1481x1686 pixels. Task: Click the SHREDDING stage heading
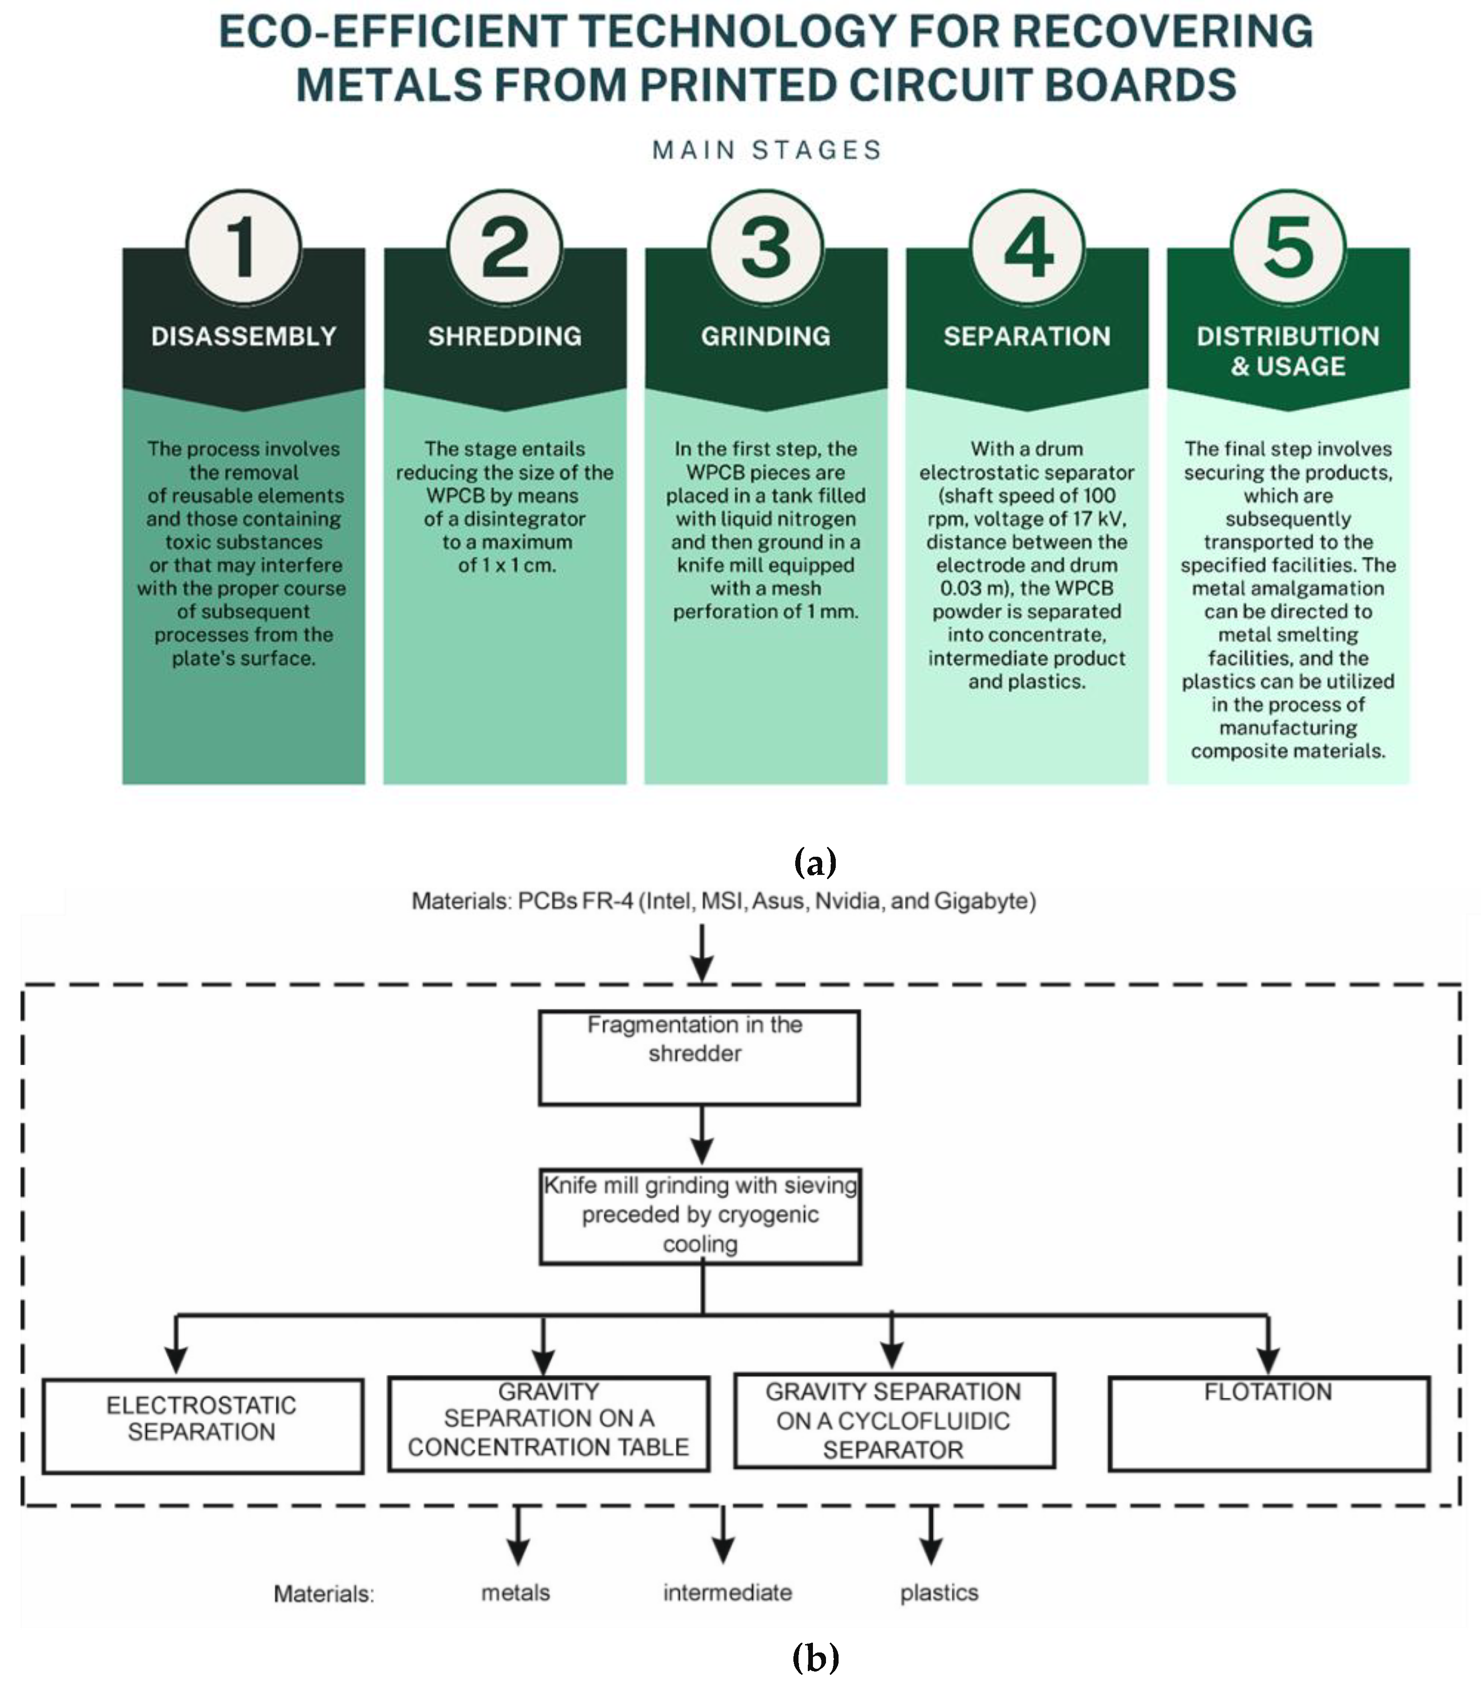tap(504, 336)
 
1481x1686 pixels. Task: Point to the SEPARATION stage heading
tap(1026, 336)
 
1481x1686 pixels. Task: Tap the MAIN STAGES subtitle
tap(767, 150)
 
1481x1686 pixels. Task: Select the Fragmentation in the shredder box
tap(699, 1058)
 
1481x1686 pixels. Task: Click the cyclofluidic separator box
tap(894, 1420)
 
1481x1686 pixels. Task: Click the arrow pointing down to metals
tap(517, 1536)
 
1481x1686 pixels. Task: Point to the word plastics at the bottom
tap(938, 1593)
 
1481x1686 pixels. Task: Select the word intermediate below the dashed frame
tap(727, 1593)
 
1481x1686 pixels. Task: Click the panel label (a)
tap(814, 862)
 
